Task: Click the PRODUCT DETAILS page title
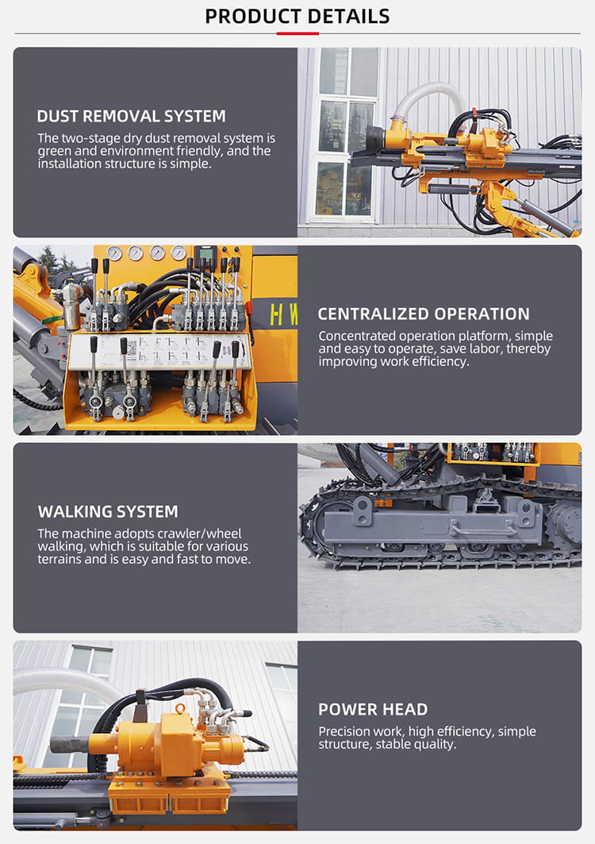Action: [297, 17]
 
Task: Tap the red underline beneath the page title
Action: [297, 33]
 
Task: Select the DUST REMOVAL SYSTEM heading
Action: [131, 116]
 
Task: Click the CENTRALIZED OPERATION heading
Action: [424, 314]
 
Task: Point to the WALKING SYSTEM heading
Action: [108, 511]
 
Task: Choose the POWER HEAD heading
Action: [373, 710]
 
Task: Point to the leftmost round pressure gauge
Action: [114, 253]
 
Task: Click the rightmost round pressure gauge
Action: [178, 253]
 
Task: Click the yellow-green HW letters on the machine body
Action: [283, 314]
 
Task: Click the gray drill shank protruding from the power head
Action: [69, 745]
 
